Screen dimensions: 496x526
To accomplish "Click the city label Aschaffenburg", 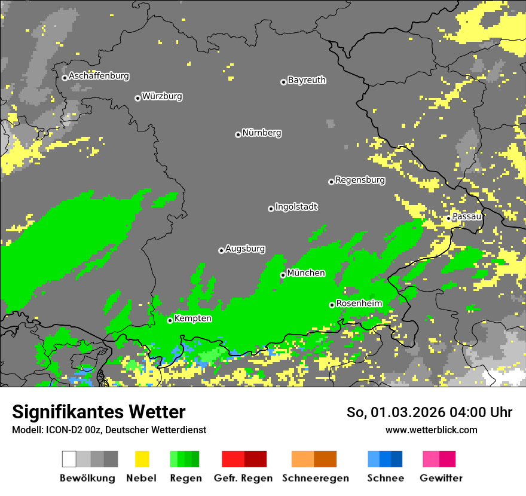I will coord(99,76).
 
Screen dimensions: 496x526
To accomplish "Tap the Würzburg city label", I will coord(162,96).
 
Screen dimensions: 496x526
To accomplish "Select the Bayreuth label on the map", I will coord(307,80).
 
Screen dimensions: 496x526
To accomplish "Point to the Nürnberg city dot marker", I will coord(238,134).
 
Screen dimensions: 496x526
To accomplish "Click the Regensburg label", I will coord(360,180).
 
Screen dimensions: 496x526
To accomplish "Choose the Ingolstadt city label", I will coord(296,207).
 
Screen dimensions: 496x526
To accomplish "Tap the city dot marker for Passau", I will coord(448,218).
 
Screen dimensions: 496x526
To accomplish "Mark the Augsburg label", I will coord(245,249).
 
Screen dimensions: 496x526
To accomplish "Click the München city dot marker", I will coord(283,275).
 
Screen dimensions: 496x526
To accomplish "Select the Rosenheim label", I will coord(359,304).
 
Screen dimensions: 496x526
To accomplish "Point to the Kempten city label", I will coord(192,319).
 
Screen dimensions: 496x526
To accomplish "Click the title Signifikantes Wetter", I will coord(99,412).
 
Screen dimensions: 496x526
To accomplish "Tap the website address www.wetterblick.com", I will coord(431,430).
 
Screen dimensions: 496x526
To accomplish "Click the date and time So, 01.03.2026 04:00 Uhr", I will coord(429,412).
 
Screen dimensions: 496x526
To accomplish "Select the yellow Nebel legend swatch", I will coord(142,459).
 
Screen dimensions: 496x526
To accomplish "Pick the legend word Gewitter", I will coord(441,478).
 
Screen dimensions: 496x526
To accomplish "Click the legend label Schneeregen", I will coord(314,478).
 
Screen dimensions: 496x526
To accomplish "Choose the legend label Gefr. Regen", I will coord(243,478).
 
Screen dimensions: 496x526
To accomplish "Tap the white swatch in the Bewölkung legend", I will coord(69,459).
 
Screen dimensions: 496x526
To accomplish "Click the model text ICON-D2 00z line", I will coord(109,430).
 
